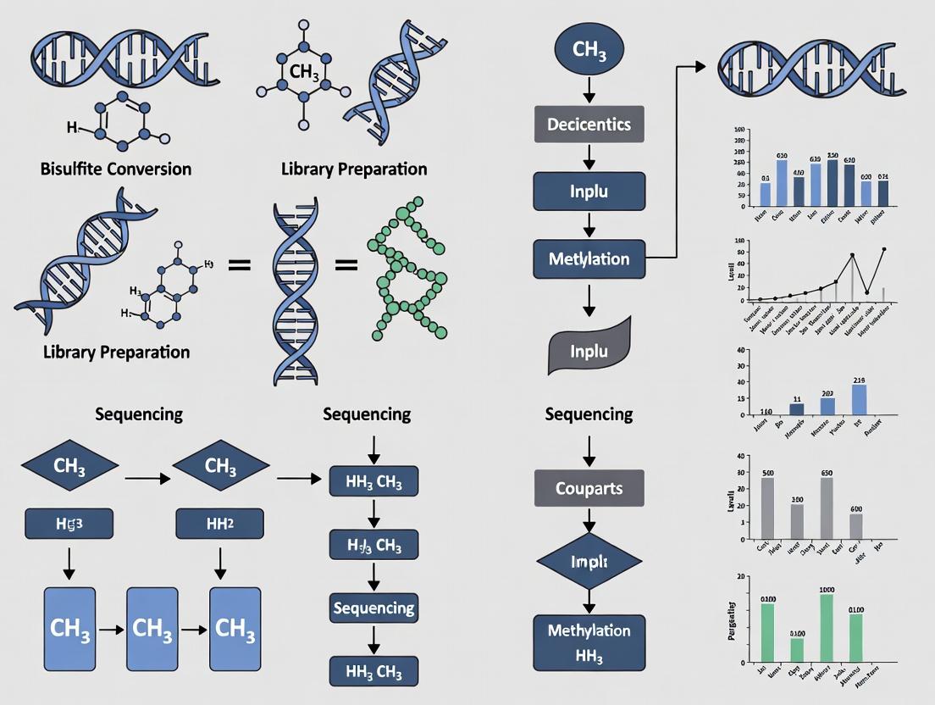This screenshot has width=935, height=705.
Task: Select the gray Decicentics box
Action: point(589,125)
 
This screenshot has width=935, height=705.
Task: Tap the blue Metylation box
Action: point(589,258)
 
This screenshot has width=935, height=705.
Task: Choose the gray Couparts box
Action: point(589,488)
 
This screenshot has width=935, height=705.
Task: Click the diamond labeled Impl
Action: point(589,561)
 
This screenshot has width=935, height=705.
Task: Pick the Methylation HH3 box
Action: point(589,641)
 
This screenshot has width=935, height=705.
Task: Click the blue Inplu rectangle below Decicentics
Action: point(589,191)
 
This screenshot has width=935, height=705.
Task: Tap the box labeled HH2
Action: point(220,524)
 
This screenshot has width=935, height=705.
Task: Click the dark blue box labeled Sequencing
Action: point(373,608)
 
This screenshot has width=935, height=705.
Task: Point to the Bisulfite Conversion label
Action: point(116,169)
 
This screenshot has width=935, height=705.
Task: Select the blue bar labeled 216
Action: point(860,400)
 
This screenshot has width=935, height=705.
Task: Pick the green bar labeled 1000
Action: point(827,627)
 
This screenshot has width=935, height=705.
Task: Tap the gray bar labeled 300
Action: point(797,521)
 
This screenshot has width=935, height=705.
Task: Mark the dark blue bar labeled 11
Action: point(797,409)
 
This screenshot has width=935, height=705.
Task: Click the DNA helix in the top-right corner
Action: point(811,64)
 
